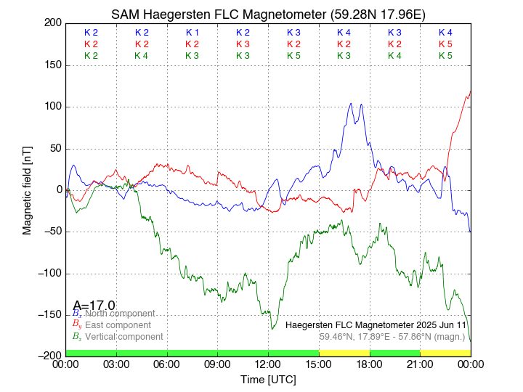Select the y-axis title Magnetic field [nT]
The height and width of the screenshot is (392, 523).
(28, 189)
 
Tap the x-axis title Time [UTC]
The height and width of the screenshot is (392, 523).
(268, 380)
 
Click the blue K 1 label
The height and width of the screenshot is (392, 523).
(192, 33)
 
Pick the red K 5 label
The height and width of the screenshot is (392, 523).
(445, 44)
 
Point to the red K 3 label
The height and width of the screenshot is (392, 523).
(243, 44)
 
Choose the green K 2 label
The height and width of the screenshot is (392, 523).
(91, 56)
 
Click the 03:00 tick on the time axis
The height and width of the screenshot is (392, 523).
(116, 364)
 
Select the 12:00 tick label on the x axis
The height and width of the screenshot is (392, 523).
(268, 364)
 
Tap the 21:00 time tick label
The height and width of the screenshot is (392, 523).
(420, 364)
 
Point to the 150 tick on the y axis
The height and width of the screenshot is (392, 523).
(51, 65)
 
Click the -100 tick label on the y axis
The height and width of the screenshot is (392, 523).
(49, 273)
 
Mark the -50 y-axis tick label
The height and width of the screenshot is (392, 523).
(51, 232)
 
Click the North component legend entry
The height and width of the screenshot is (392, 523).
(117, 313)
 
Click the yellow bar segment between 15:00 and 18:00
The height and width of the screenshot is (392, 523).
(344, 353)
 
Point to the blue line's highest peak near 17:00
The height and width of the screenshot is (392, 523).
(351, 103)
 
